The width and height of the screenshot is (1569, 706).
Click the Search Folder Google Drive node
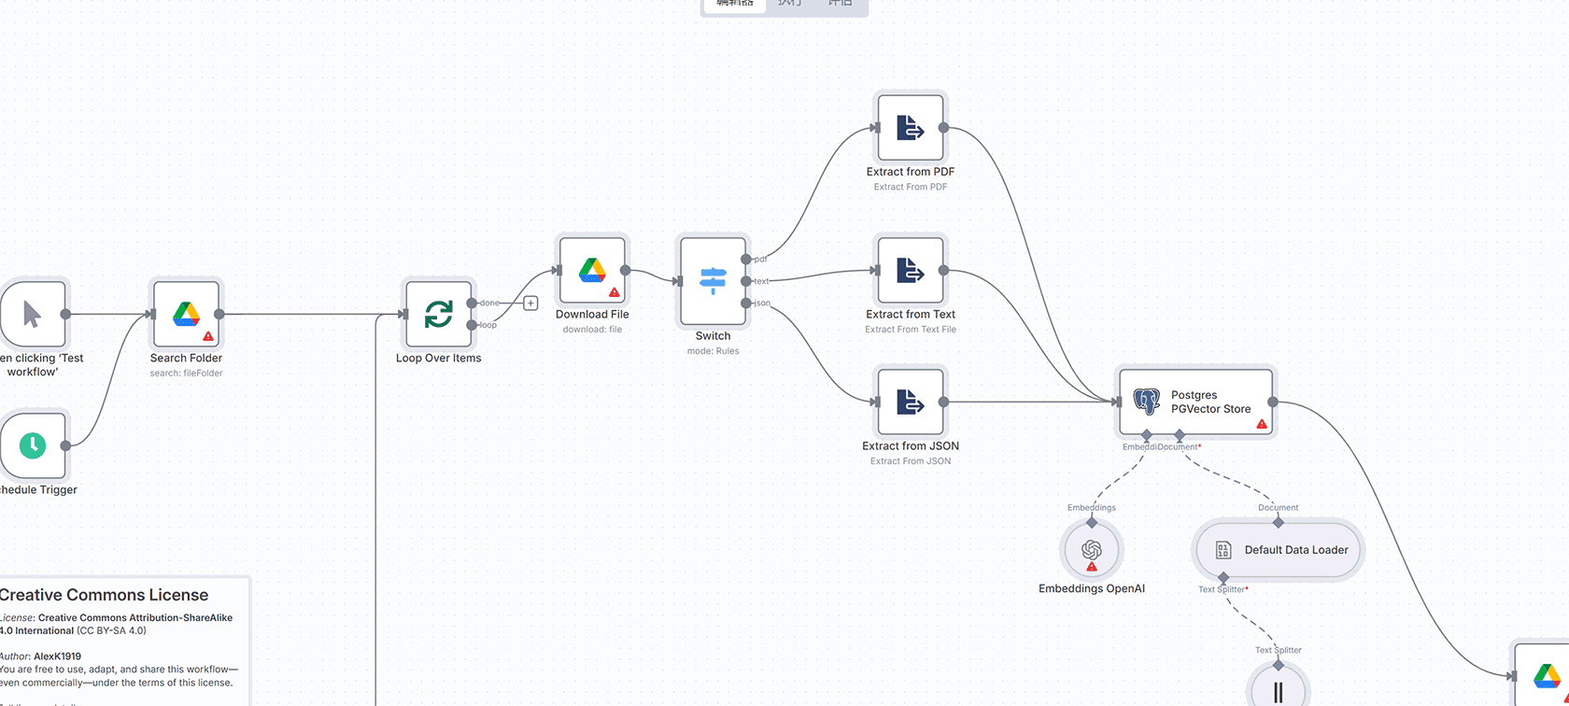[186, 315]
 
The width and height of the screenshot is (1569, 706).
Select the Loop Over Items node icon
[438, 315]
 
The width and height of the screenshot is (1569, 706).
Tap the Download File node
[592, 271]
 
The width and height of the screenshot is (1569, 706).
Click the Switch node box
[713, 280]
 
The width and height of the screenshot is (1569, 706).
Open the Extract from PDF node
[911, 128]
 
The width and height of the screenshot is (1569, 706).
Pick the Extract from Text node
[911, 271]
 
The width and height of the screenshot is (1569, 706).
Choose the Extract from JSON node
[911, 402]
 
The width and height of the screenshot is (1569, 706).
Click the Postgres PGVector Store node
[1195, 402]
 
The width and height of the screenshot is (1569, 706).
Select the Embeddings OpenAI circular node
[1092, 550]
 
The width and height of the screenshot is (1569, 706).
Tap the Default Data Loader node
[1279, 550]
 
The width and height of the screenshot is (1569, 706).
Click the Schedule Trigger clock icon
[33, 445]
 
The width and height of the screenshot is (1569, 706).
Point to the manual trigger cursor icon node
[33, 315]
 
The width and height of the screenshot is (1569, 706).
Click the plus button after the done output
[530, 303]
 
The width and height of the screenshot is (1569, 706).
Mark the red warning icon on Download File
[615, 292]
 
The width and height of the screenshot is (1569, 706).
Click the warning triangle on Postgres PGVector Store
[1262, 424]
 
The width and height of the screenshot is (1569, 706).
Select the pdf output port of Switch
[745, 259]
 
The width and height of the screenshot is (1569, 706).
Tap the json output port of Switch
[745, 303]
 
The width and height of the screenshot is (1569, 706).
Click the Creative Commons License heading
[104, 595]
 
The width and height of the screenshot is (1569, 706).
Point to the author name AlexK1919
[57, 657]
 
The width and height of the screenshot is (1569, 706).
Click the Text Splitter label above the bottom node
[1278, 650]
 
